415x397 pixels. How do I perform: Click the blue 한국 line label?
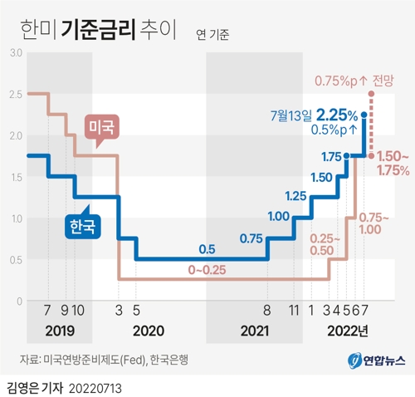tap(81, 224)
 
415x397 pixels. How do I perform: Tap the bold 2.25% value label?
tap(337, 115)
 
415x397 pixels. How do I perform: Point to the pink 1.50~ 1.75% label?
tap(393, 163)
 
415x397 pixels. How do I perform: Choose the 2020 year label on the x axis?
tap(149, 331)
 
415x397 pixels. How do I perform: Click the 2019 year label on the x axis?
tap(61, 331)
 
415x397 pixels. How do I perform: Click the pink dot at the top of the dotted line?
tap(370, 94)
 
